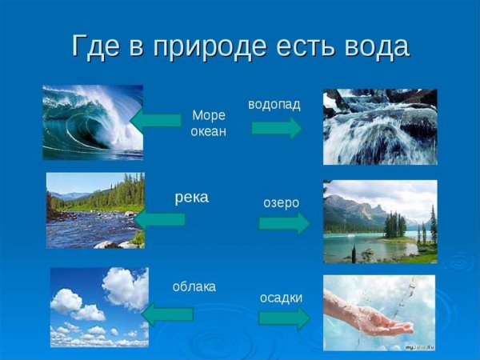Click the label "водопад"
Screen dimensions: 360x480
[x=276, y=105]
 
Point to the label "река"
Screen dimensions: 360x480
[x=192, y=197]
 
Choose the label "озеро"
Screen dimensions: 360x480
[x=281, y=202]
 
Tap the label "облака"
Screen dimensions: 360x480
[x=194, y=286]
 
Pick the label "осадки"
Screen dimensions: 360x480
[x=281, y=298]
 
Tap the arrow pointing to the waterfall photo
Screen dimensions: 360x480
[x=277, y=127]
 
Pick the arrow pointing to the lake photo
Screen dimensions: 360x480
[x=283, y=222]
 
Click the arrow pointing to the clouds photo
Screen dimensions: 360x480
[x=166, y=314]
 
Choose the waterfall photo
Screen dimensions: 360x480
[x=380, y=126]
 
